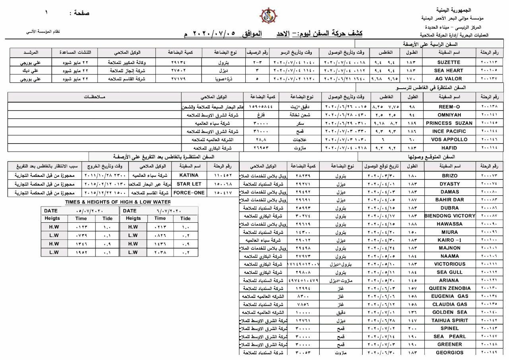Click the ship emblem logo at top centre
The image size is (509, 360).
click(268, 16)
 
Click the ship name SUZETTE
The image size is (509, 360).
click(449, 62)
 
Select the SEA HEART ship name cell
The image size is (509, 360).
click(449, 70)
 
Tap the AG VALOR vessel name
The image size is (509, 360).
click(449, 79)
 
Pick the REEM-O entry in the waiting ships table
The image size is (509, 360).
click(449, 107)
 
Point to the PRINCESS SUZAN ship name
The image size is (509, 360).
click(449, 123)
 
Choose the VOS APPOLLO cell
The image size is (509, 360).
click(449, 140)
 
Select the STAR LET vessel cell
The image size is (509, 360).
click(189, 184)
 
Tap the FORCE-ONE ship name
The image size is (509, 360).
click(189, 193)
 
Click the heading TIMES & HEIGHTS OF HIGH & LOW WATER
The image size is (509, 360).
click(118, 202)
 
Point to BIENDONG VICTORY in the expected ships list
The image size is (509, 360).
click(450, 216)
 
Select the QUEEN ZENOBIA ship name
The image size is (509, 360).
click(450, 288)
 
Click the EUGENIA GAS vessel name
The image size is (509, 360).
click(450, 296)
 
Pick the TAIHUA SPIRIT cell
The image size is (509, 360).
click(450, 320)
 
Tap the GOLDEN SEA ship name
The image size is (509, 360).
click(450, 312)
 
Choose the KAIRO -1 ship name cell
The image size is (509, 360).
click(450, 240)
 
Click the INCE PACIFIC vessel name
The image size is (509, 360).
click(449, 131)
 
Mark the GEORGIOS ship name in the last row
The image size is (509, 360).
click(450, 352)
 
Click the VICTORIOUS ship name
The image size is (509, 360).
click(450, 264)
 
